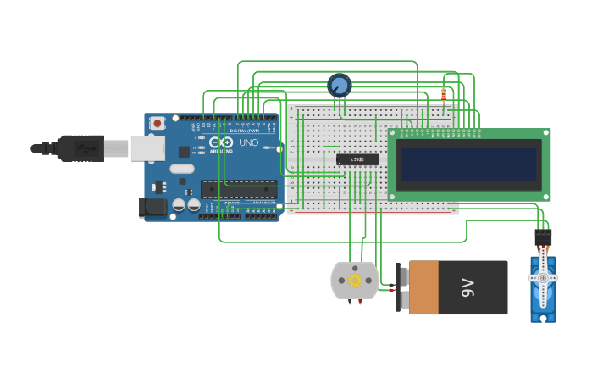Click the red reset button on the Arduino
(x=157, y=123)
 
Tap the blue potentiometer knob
(x=339, y=85)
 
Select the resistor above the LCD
(x=444, y=95)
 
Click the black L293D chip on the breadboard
(x=357, y=159)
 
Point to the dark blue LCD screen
(x=470, y=164)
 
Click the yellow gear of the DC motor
(x=355, y=280)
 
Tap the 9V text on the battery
(x=468, y=288)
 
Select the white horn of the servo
(x=543, y=277)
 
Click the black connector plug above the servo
(x=543, y=237)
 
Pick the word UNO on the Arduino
(x=249, y=142)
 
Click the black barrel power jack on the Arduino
(x=152, y=206)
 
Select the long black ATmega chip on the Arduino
(x=238, y=189)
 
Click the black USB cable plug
(x=80, y=147)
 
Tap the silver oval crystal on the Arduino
(x=182, y=169)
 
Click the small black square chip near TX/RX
(x=185, y=152)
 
